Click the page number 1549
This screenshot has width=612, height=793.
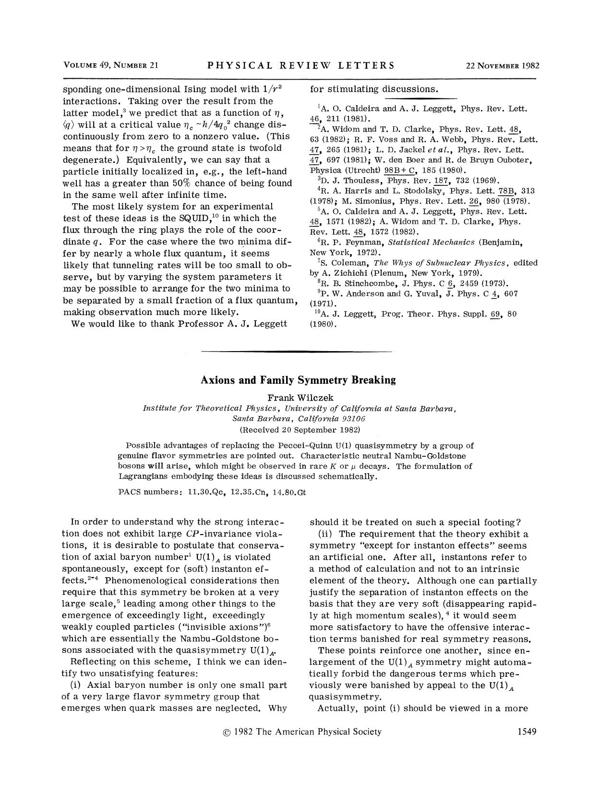527,732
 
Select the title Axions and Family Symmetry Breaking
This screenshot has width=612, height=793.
298,380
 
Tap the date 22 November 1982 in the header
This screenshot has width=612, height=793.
502,66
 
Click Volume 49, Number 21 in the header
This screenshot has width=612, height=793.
111,66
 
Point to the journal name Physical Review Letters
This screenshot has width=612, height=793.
301,66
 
